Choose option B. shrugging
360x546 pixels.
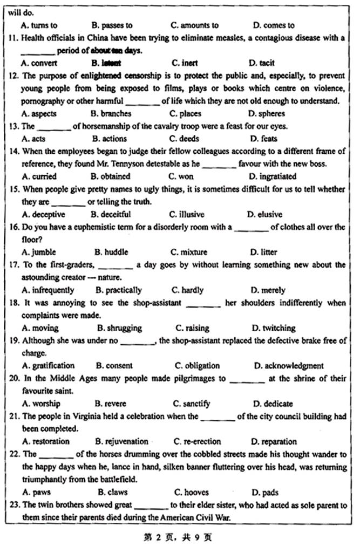click(119, 327)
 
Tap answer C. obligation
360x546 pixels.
click(197, 365)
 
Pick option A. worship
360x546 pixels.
click(41, 403)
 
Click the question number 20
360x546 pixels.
click(13, 378)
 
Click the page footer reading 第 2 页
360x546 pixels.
click(153, 537)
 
